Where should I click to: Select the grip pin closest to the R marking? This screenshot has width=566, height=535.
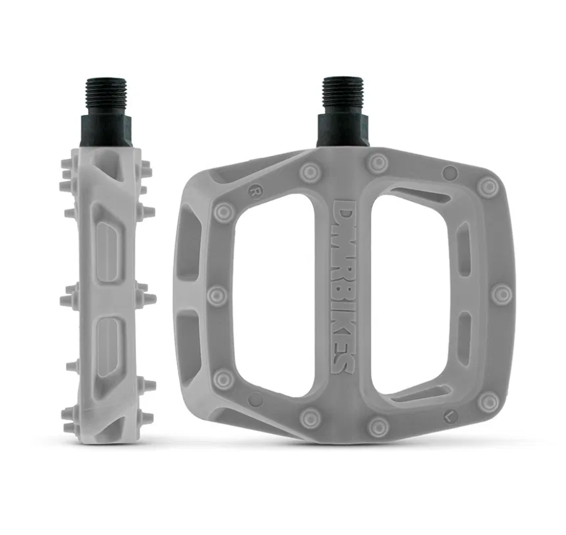(224, 211)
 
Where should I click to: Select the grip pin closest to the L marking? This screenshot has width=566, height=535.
(489, 401)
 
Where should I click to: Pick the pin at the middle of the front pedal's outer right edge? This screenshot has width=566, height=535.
(502, 294)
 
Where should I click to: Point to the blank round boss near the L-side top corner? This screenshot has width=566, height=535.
(450, 172)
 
